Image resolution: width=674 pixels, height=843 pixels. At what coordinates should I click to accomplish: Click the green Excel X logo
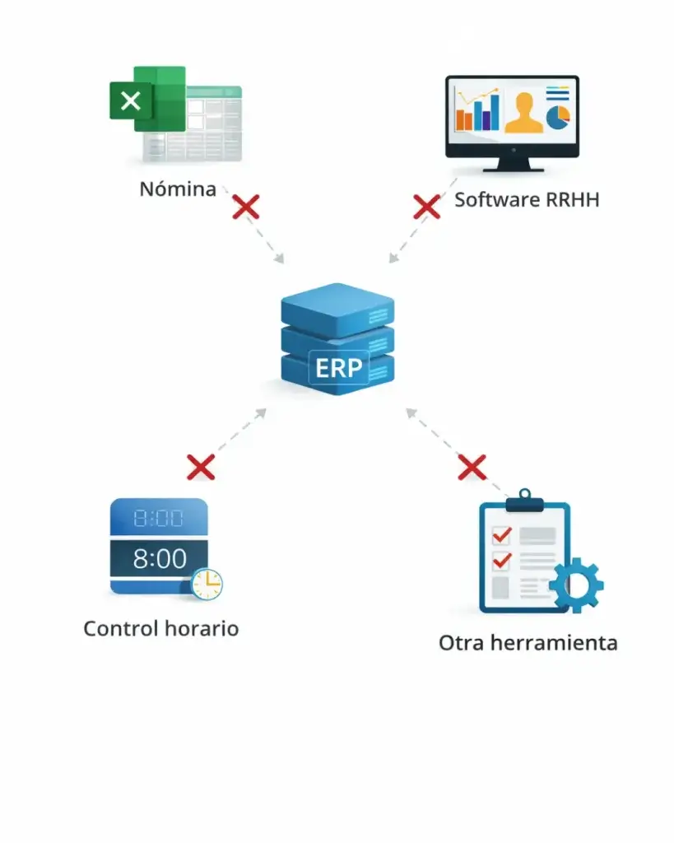131,101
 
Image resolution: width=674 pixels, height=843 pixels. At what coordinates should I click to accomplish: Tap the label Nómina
177,189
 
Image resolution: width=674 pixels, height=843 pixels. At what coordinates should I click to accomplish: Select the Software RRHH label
526,199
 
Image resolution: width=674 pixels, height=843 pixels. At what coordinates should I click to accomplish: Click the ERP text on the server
339,367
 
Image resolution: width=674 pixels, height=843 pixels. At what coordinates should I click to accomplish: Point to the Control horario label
161,629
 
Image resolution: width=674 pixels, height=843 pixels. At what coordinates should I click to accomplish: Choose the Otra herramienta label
528,643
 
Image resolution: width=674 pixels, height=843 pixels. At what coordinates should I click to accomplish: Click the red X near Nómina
245,207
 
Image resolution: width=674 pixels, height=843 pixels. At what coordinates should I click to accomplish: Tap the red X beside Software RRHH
426,206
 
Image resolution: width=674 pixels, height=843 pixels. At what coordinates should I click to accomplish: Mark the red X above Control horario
201,467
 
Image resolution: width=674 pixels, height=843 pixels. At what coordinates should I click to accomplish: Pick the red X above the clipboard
472,468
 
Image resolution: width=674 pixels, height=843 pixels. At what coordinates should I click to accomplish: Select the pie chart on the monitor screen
559,116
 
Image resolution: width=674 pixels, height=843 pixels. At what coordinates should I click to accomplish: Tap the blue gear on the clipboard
575,585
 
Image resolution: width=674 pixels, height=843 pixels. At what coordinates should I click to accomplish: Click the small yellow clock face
207,583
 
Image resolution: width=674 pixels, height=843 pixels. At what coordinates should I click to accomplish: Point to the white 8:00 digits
160,559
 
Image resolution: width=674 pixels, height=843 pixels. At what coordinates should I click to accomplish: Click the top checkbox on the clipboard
500,535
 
